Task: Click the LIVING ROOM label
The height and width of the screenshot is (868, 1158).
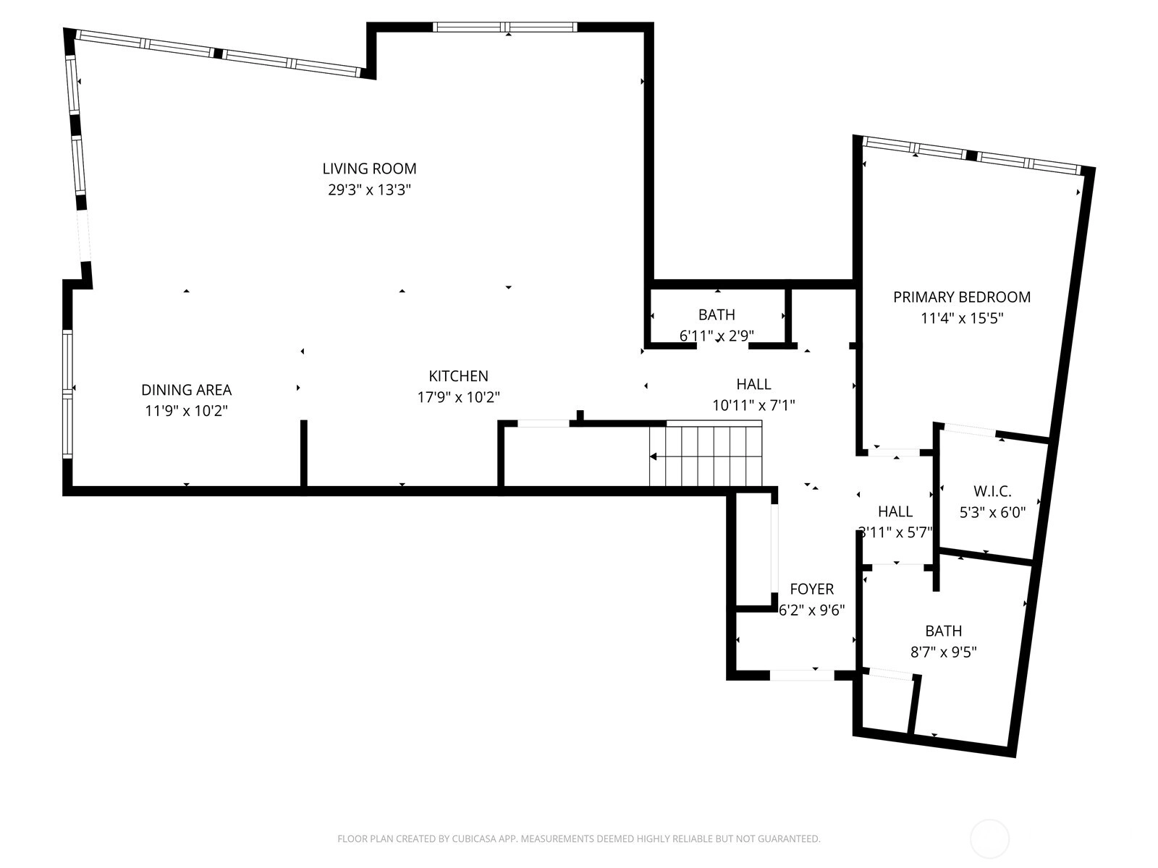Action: click(369, 169)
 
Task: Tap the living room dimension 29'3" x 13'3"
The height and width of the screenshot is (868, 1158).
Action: click(369, 190)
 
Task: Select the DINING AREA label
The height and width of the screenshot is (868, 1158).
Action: click(186, 390)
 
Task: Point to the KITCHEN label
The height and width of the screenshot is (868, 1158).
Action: click(458, 375)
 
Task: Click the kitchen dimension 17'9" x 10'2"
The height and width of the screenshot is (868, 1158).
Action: click(458, 397)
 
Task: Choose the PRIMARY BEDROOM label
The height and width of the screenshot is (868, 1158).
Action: click(962, 297)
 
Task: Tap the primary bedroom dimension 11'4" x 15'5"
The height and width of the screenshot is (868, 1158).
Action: click(962, 318)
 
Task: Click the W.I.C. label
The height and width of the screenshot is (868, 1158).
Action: click(992, 491)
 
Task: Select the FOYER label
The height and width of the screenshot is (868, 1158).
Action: click(812, 589)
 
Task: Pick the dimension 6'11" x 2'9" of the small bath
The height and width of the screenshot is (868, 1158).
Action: click(717, 336)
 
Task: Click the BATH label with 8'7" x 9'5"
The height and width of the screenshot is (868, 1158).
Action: click(943, 631)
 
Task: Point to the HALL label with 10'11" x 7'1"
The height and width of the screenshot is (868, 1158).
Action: click(753, 384)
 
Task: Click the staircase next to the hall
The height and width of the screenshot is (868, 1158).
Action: click(706, 454)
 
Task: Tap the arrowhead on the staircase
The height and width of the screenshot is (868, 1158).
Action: click(653, 456)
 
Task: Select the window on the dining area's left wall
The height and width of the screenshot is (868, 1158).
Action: click(67, 394)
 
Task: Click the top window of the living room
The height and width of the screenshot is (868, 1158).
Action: click(505, 27)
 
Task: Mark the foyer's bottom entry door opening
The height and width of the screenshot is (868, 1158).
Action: click(802, 675)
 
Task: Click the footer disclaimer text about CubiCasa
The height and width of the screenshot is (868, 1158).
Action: click(579, 838)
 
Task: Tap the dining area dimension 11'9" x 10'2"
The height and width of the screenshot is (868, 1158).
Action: click(186, 411)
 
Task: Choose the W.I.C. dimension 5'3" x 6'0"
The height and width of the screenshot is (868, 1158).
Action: click(992, 512)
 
